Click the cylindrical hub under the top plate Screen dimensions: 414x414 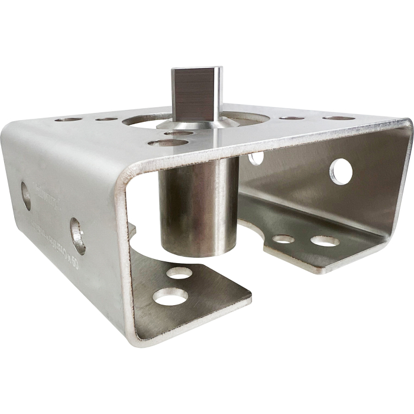click(199, 204)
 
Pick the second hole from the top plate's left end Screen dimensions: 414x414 click(106, 119)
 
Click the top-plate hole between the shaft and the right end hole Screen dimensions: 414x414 click(292, 118)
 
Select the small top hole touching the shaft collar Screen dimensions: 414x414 click(178, 133)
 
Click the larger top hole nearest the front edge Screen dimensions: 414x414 click(168, 143)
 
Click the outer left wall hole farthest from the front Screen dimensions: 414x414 click(26, 196)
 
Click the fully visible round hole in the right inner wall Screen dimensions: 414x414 click(341, 171)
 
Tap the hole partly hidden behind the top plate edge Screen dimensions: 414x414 click(256, 158)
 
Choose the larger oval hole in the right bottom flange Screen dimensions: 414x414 click(325, 241)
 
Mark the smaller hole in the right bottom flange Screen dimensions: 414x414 click(283, 239)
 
